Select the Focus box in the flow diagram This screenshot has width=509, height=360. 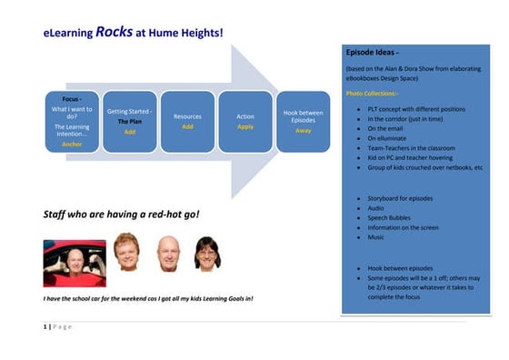coord(72,120)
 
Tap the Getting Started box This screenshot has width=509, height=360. coord(130,120)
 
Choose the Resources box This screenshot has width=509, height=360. coord(187,120)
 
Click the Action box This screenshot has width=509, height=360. coord(245,120)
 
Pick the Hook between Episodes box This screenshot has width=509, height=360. coord(303,120)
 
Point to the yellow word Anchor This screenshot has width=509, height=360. coord(72,144)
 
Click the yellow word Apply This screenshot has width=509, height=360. coord(245,127)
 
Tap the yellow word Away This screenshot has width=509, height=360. coord(303,130)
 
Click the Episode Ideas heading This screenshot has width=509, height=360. coord(373,53)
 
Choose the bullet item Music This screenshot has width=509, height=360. coord(375,236)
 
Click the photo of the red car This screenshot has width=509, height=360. coord(74,263)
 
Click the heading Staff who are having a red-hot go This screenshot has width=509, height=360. coord(121,215)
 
